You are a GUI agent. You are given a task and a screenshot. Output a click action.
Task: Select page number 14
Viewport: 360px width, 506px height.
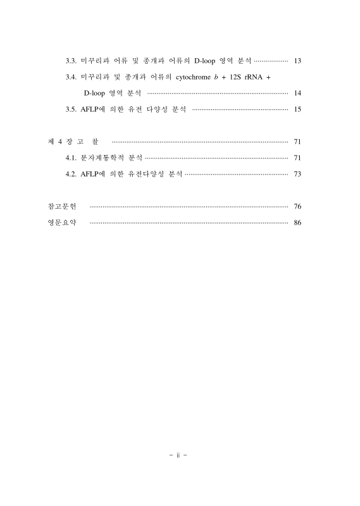pyautogui.click(x=297, y=94)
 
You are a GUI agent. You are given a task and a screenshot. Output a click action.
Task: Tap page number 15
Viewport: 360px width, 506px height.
pyautogui.click(x=297, y=110)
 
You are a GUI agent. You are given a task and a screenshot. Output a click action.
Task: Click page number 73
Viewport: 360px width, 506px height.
pyautogui.click(x=297, y=174)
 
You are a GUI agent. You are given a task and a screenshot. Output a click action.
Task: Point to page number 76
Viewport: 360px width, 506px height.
pyautogui.click(x=297, y=207)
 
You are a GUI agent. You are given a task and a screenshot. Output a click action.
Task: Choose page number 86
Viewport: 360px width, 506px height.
pyautogui.click(x=297, y=223)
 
